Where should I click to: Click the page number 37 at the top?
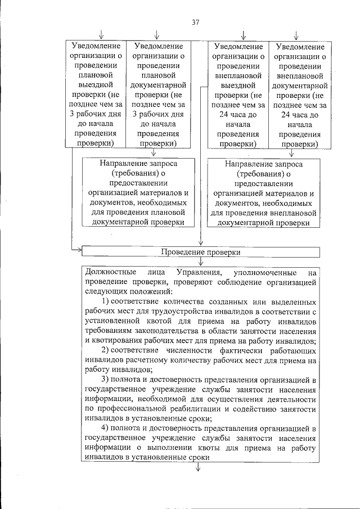click(x=195, y=22)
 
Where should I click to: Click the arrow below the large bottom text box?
click(x=199, y=471)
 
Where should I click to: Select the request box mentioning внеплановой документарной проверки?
click(x=263, y=193)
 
